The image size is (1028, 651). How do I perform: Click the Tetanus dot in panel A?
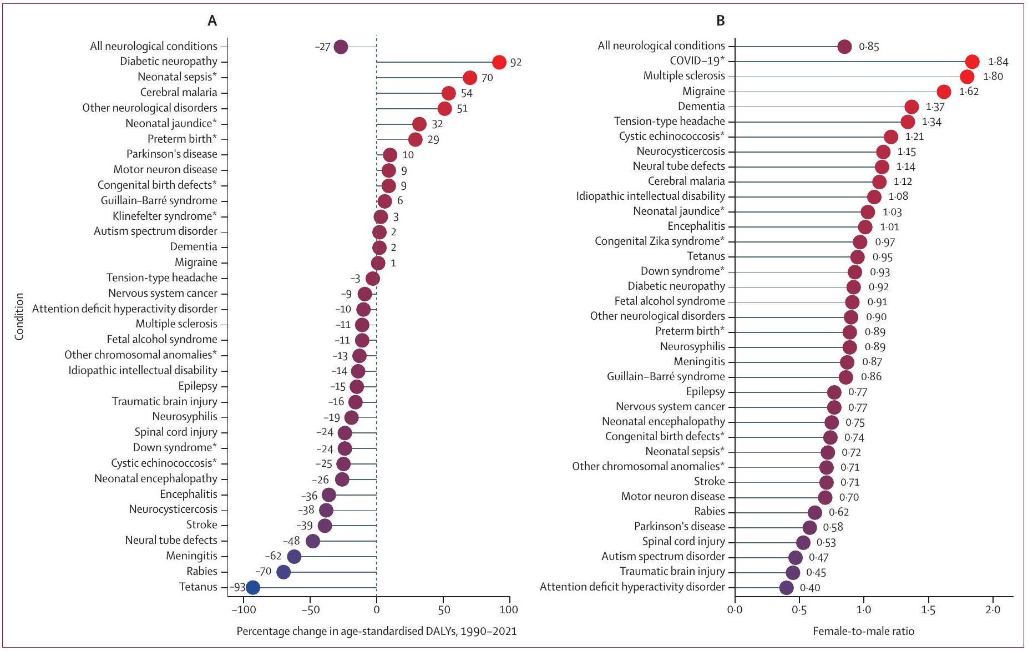click(252, 587)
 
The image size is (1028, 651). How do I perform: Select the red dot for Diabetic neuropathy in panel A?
click(499, 62)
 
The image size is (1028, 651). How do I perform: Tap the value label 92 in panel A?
click(516, 62)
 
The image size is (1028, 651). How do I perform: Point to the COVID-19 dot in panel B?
click(972, 62)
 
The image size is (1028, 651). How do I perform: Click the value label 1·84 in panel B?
click(998, 62)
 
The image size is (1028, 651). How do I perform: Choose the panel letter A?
click(212, 21)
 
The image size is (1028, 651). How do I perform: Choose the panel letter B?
click(721, 21)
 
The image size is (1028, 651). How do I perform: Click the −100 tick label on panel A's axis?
click(242, 609)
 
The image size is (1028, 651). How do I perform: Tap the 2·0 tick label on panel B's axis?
click(992, 609)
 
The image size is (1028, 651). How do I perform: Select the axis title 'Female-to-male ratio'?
click(863, 631)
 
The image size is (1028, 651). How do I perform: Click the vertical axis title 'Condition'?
click(19, 316)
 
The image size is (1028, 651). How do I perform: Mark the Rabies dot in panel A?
click(283, 572)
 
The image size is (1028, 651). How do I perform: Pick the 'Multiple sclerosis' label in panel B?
click(683, 76)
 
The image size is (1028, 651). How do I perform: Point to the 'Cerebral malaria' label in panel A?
click(178, 93)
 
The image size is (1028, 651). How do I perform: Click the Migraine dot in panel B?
click(944, 92)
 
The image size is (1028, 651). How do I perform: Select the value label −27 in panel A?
click(322, 47)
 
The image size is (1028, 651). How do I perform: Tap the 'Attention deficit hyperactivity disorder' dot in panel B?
click(786, 587)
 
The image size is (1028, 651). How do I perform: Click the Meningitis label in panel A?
click(191, 556)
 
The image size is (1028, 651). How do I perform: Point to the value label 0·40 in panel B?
click(810, 588)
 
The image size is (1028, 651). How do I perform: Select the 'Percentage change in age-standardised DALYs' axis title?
click(376, 631)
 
